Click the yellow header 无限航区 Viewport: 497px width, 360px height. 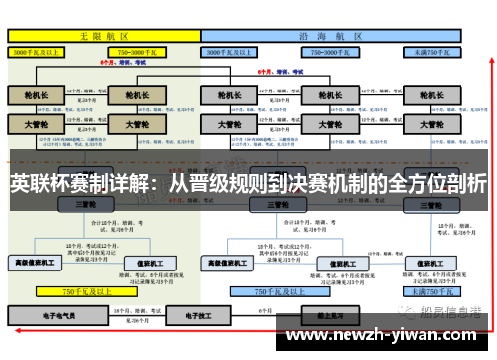pos(99,35)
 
